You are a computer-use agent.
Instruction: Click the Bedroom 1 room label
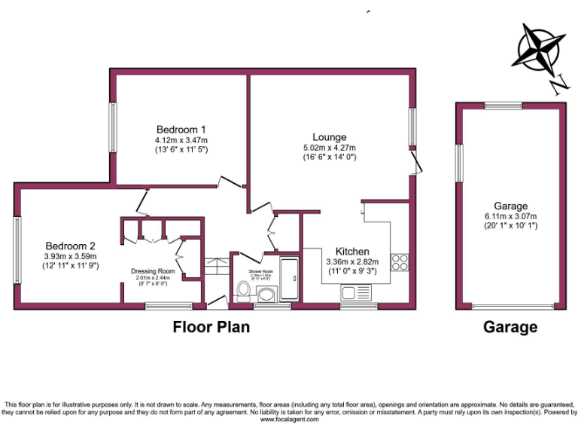[x=181, y=129]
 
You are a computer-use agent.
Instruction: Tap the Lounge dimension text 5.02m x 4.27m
[x=330, y=148]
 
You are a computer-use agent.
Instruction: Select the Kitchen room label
[x=351, y=251]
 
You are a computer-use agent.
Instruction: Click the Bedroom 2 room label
[x=70, y=246]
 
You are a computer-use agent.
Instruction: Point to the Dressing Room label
[x=153, y=270]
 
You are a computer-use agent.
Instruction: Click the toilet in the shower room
[x=243, y=290]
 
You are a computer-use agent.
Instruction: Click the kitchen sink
[x=352, y=292]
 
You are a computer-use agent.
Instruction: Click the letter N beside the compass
[x=558, y=85]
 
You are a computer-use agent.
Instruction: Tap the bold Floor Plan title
[x=211, y=327]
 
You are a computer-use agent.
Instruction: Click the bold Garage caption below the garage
[x=510, y=327]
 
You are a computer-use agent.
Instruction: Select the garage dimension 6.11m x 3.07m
[x=511, y=217]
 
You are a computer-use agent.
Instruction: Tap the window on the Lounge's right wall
[x=412, y=127]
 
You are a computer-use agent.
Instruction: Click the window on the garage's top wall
[x=503, y=105]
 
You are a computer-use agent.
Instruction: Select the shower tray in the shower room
[x=289, y=278]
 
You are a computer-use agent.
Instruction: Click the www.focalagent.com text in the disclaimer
[x=290, y=420]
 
